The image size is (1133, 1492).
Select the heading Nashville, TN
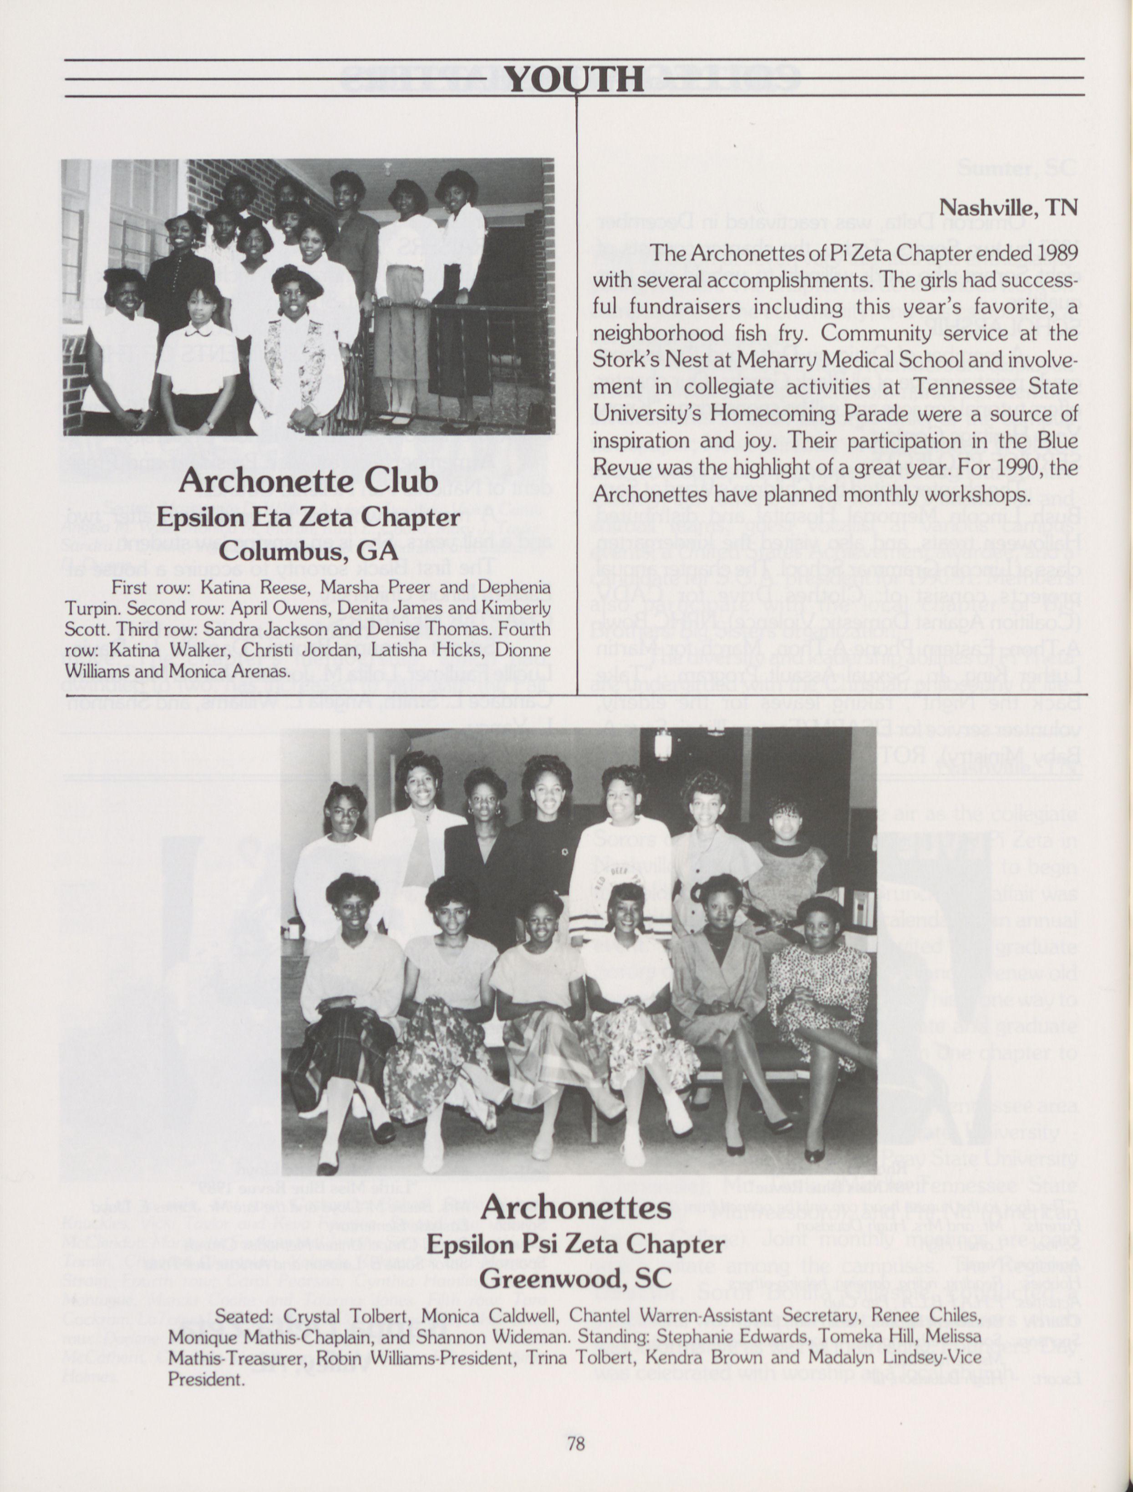(x=1009, y=206)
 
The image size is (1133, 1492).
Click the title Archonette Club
(x=308, y=481)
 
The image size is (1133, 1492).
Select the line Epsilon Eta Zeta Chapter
(x=308, y=518)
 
